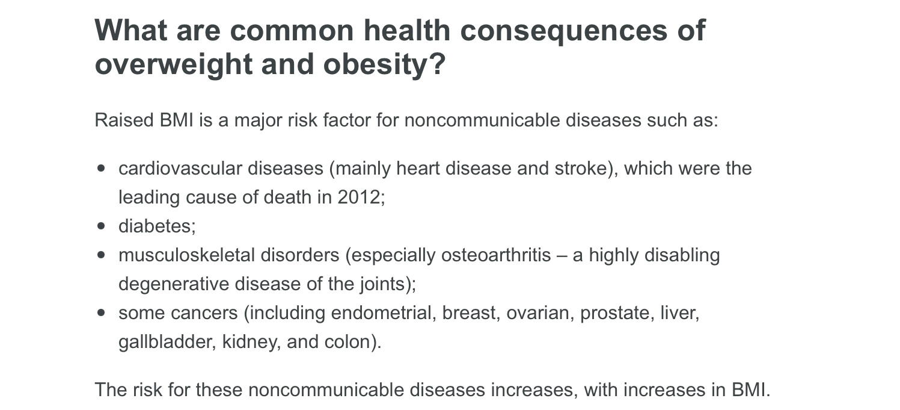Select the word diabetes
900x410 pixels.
point(155,226)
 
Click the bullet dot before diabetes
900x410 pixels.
point(101,226)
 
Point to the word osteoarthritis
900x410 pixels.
point(495,255)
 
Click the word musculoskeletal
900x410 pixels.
point(186,255)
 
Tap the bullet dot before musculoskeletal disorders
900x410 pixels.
point(101,255)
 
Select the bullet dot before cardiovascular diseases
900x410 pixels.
point(101,169)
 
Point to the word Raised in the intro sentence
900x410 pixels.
point(124,120)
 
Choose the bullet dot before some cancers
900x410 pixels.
point(101,313)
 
